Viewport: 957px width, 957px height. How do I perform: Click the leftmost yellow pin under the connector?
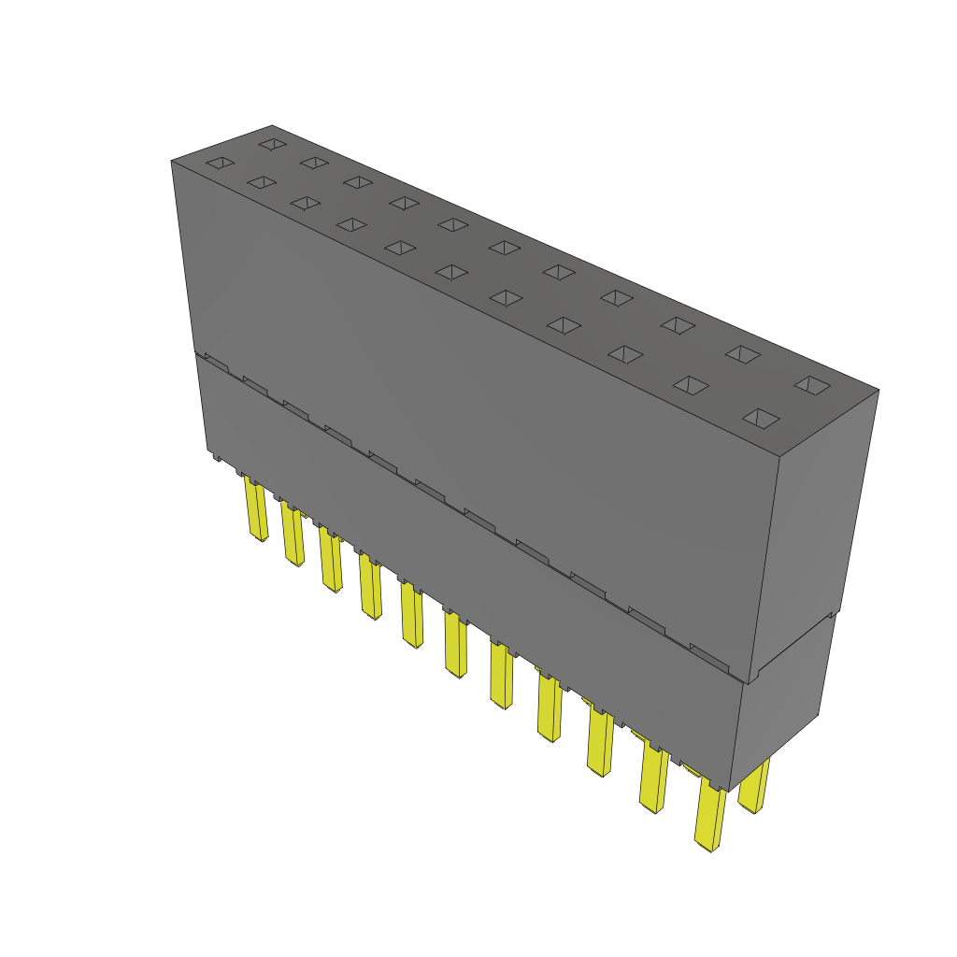click(254, 509)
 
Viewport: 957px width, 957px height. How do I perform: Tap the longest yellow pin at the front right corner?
click(710, 818)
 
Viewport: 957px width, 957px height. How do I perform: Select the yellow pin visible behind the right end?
click(754, 785)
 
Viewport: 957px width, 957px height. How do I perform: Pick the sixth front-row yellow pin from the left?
click(455, 645)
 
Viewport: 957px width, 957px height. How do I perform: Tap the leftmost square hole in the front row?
click(220, 164)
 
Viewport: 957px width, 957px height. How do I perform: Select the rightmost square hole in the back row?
click(812, 384)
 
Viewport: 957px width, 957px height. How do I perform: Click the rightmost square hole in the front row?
click(762, 417)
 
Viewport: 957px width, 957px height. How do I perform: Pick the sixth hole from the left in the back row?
click(505, 248)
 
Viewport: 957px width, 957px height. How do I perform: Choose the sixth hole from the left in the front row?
click(452, 271)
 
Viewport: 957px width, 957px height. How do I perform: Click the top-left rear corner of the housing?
click(272, 125)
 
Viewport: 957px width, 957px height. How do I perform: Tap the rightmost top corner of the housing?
click(878, 390)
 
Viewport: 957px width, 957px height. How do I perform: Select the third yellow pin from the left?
click(331, 561)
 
